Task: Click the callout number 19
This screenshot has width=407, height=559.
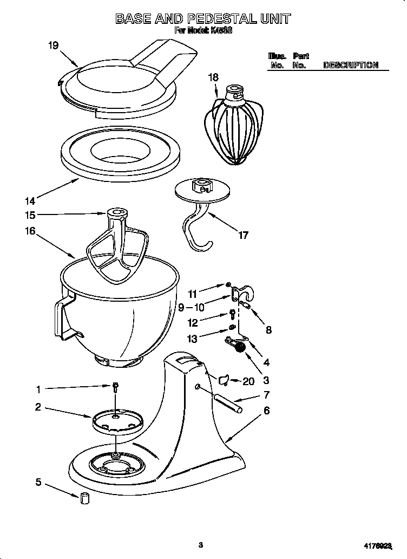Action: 53,45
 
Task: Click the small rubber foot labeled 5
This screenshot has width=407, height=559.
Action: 84,499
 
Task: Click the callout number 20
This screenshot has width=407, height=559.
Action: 248,381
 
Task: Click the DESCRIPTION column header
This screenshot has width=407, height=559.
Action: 350,65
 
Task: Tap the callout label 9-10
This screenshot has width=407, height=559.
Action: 191,308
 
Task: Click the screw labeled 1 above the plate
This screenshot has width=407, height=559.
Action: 115,386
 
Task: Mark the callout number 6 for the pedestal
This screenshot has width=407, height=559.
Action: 266,411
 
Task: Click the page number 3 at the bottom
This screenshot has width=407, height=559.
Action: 200,545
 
